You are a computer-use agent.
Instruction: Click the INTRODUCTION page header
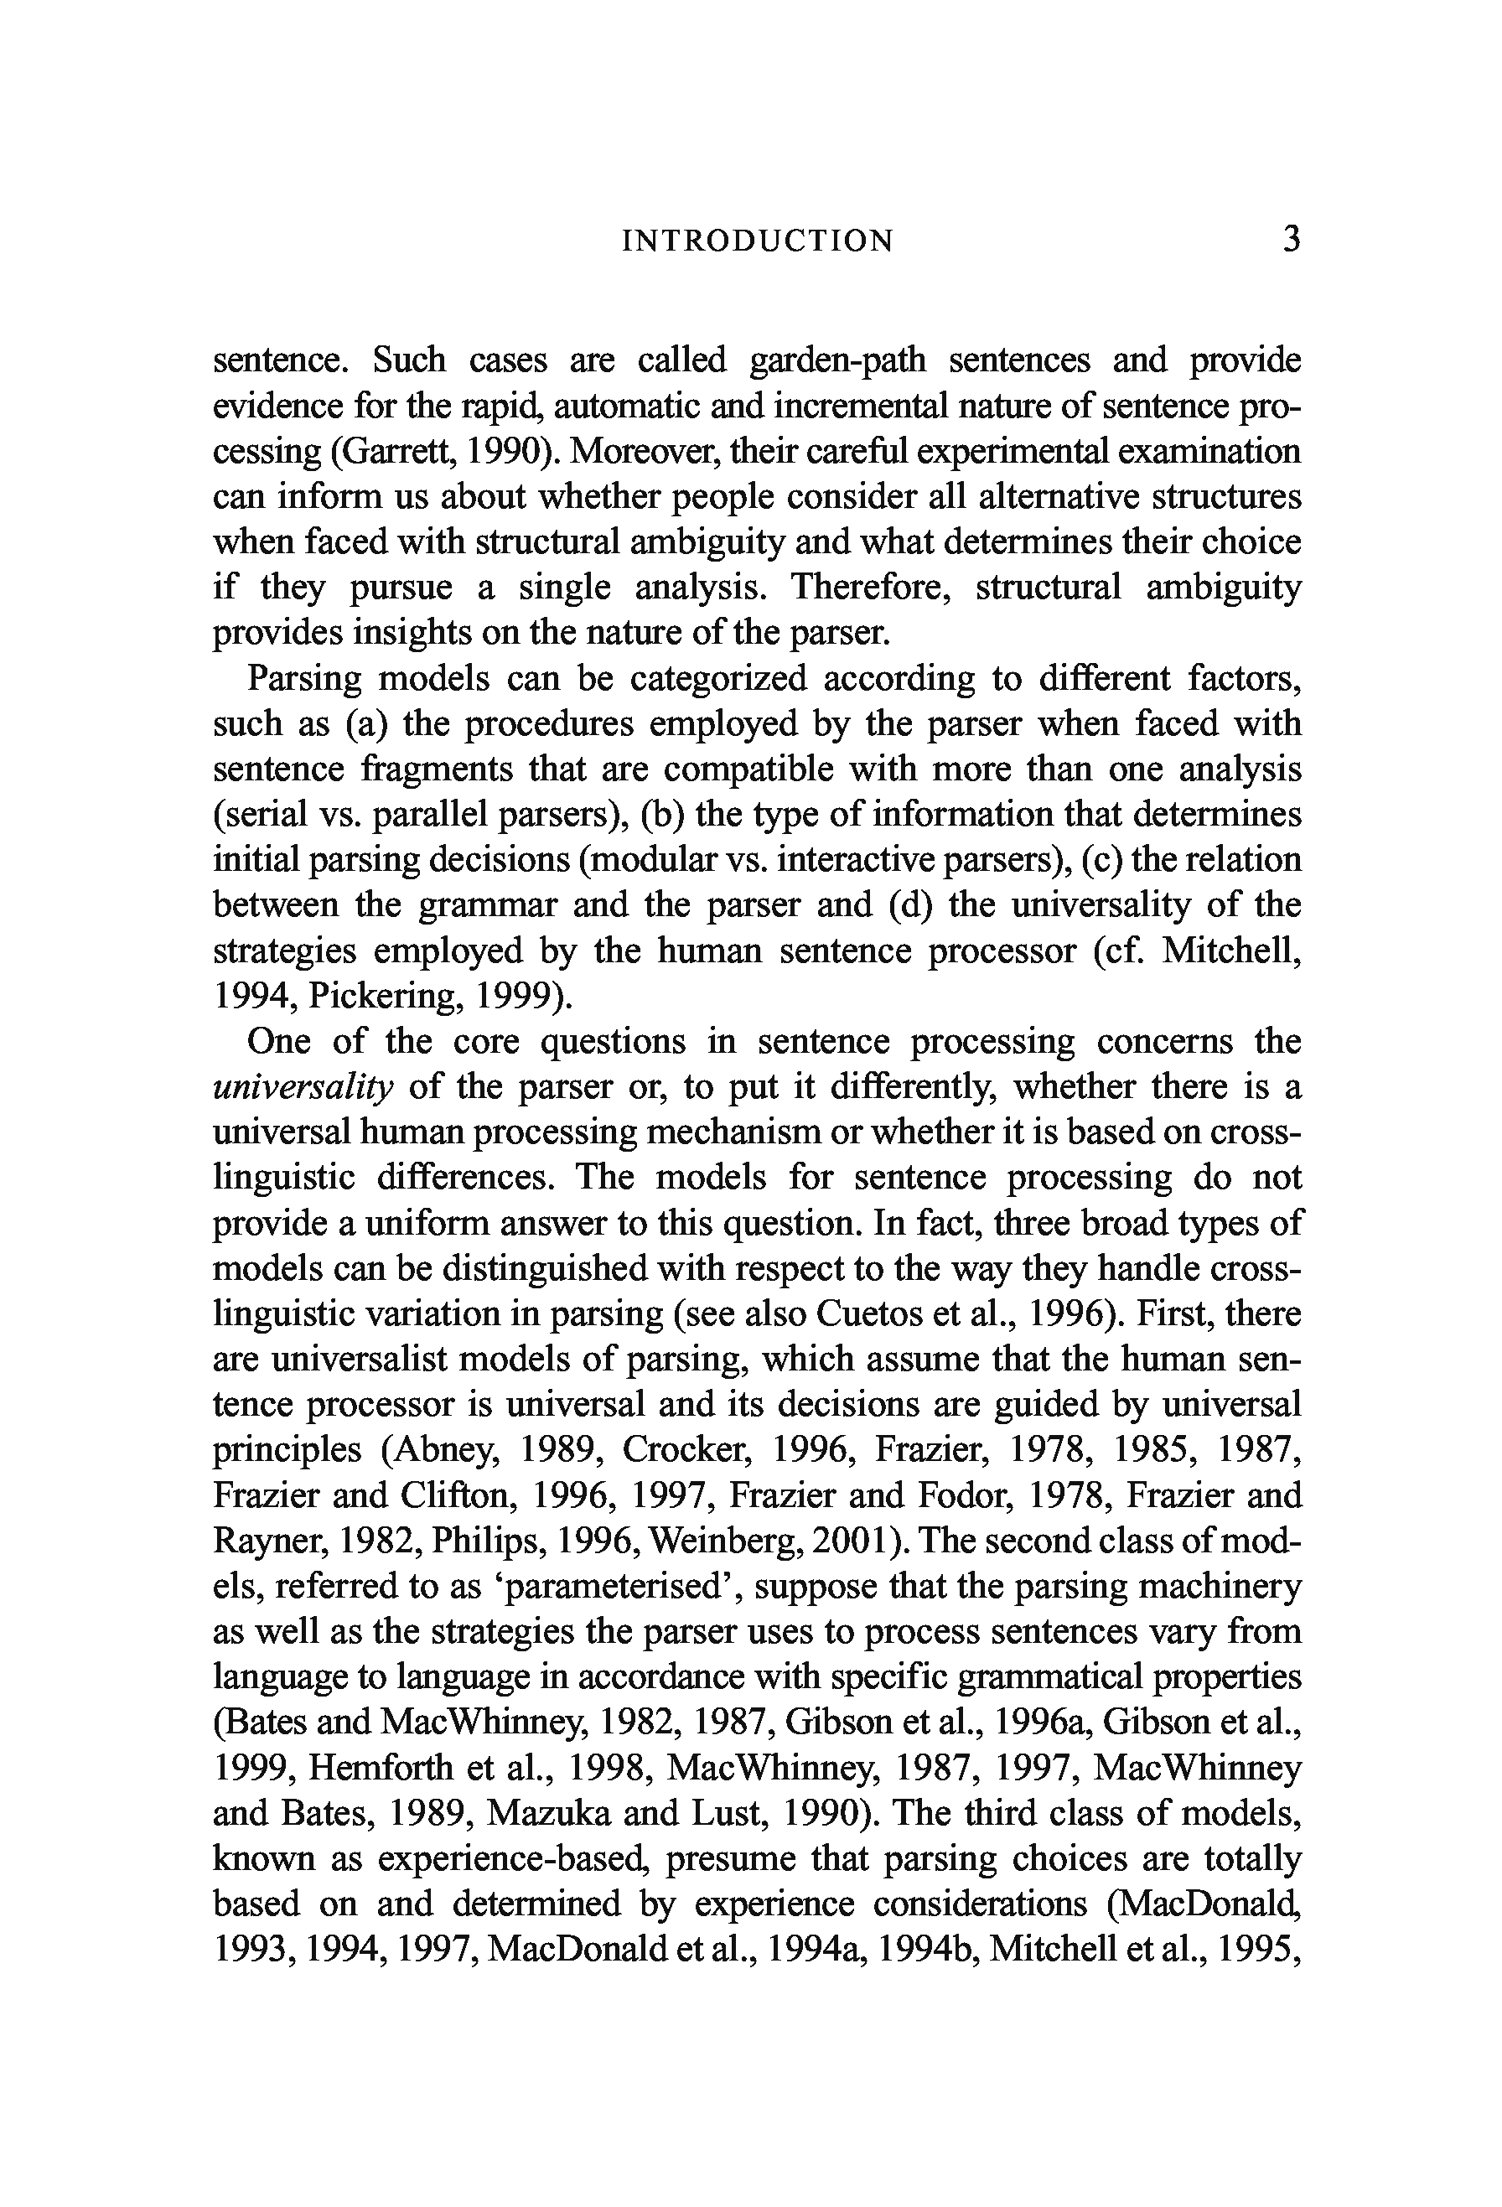[758, 241]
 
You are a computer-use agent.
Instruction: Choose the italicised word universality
[303, 1087]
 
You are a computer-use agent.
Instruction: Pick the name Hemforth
[381, 1769]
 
